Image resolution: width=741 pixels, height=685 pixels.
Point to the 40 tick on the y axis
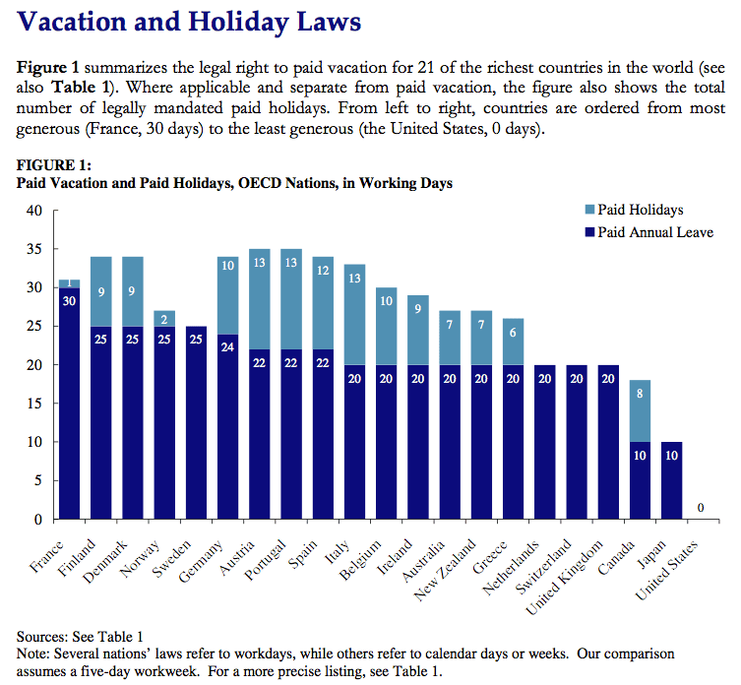[x=34, y=210]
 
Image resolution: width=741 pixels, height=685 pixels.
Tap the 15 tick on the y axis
[x=34, y=404]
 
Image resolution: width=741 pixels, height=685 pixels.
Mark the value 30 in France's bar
[x=69, y=301]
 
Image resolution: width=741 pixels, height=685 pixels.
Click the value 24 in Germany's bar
[x=228, y=347]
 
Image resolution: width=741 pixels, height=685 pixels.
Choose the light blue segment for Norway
[x=164, y=318]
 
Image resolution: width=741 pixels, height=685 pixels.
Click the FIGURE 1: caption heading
[x=54, y=164]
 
